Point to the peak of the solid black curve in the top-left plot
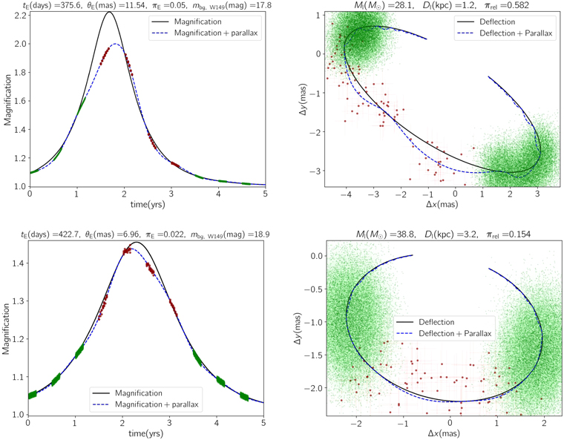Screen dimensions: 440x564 pyautogui.click(x=109, y=13)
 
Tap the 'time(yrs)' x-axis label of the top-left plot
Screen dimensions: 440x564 pyautogui.click(x=146, y=205)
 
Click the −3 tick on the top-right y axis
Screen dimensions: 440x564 pyautogui.click(x=315, y=171)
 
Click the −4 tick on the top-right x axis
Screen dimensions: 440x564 pyautogui.click(x=346, y=194)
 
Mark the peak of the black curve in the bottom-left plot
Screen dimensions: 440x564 pyautogui.click(x=135, y=243)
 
